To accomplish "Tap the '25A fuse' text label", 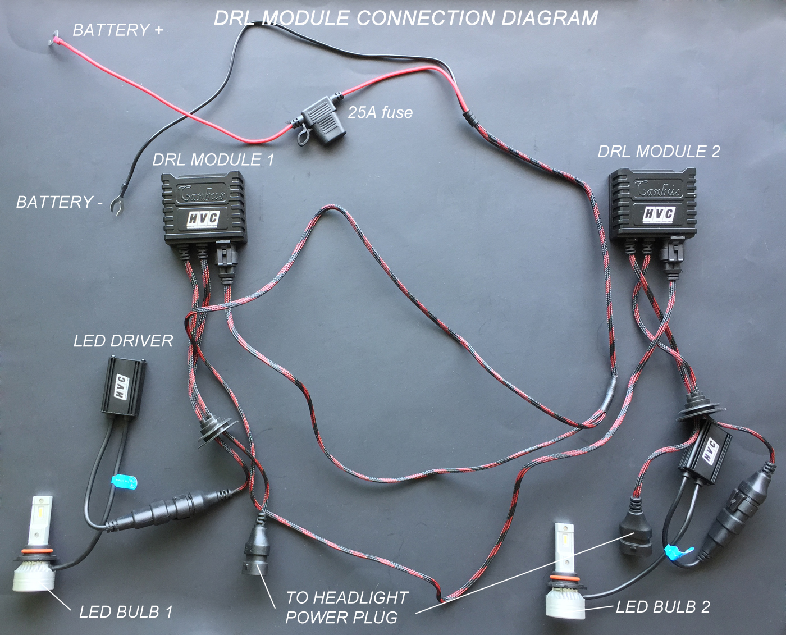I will (380, 112).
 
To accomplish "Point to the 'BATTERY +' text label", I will (118, 30).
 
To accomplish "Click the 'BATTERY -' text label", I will (60, 202).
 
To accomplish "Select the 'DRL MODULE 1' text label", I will (213, 159).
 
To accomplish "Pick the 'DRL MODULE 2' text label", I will (659, 151).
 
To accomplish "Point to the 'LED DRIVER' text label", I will (123, 341).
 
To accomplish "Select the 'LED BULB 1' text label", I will (126, 611).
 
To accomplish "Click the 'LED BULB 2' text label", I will (662, 606).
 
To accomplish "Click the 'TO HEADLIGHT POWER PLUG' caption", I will (346, 607).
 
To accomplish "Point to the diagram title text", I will (406, 18).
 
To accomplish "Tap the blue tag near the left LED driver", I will (124, 482).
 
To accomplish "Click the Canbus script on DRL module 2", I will (657, 189).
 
